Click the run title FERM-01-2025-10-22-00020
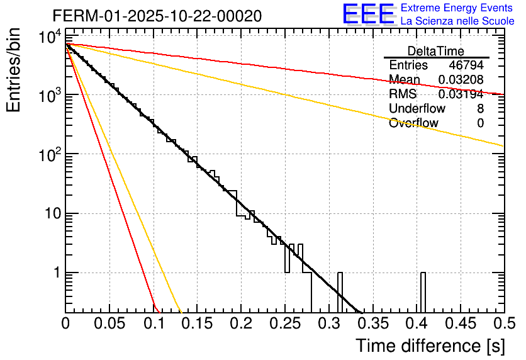tap(157, 15)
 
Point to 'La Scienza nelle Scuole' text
tap(457, 21)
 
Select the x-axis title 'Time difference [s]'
tap(430, 346)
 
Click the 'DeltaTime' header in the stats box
tap(436, 51)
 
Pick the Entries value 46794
tap(466, 65)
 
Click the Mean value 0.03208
tap(461, 79)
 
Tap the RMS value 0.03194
tap(461, 94)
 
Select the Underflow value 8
tap(480, 108)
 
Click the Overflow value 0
tap(480, 123)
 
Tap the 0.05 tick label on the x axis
tap(109, 324)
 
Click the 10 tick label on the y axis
tap(49, 214)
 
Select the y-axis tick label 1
tap(55, 273)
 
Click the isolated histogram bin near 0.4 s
tap(423, 292)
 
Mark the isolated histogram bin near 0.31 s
tap(340, 292)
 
